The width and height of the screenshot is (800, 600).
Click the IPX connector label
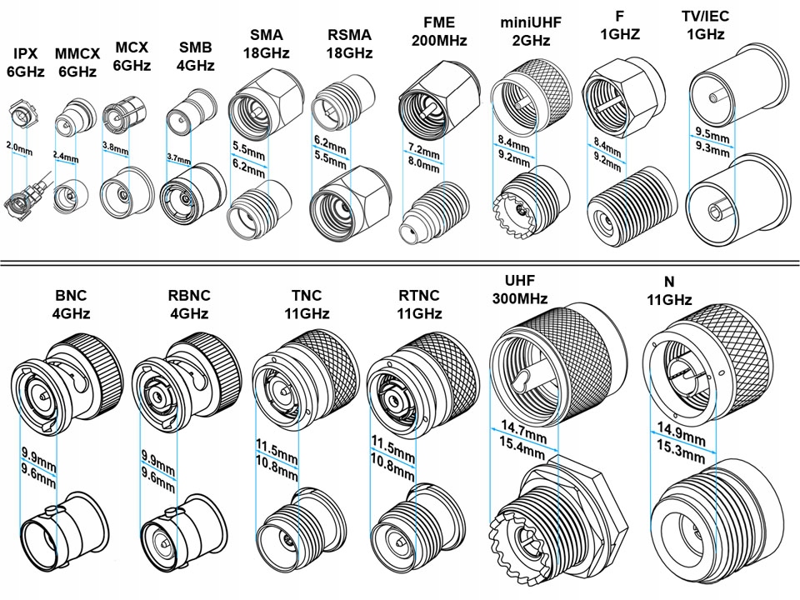pos(19,56)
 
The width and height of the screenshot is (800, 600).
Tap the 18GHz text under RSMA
pos(349,52)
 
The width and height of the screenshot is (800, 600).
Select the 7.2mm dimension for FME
pos(424,152)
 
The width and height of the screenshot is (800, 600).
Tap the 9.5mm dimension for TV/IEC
pos(713,133)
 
